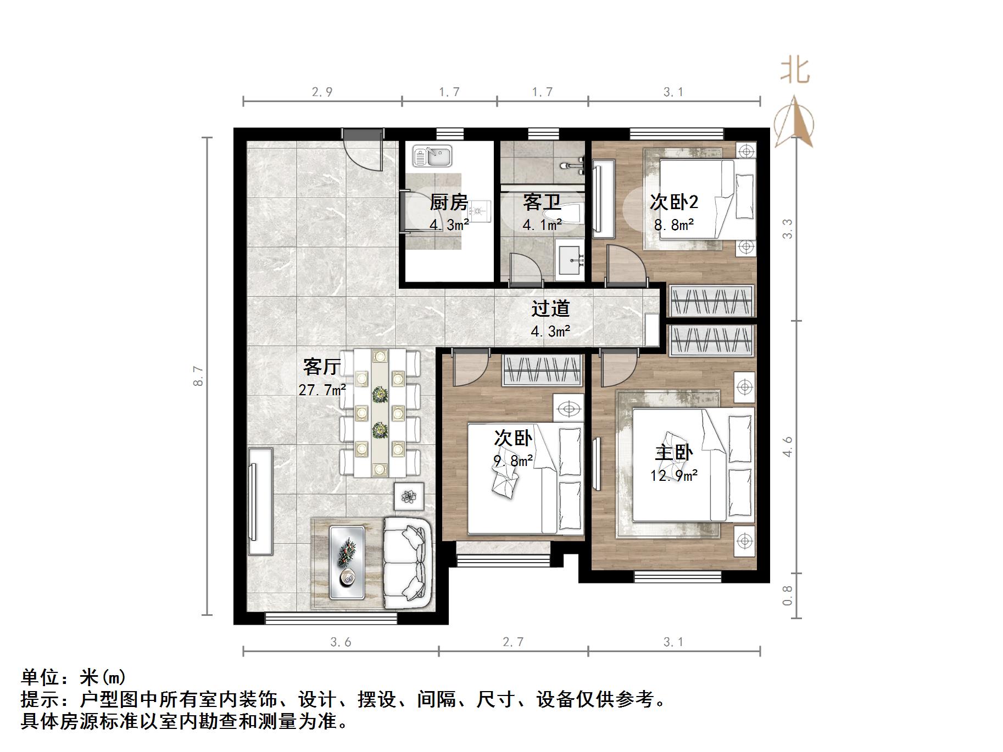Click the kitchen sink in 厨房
(432, 156)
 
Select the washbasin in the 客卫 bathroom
(570, 260)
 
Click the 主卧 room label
(673, 453)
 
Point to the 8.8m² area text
(673, 225)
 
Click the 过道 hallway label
(550, 309)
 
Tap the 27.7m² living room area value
(322, 390)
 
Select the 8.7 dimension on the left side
(198, 376)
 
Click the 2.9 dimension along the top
(322, 92)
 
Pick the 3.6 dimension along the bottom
(341, 642)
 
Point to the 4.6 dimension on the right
(788, 446)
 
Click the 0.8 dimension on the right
(788, 596)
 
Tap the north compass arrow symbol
(794, 122)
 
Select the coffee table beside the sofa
(347, 563)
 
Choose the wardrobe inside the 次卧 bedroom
(542, 370)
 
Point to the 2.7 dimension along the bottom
(513, 642)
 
